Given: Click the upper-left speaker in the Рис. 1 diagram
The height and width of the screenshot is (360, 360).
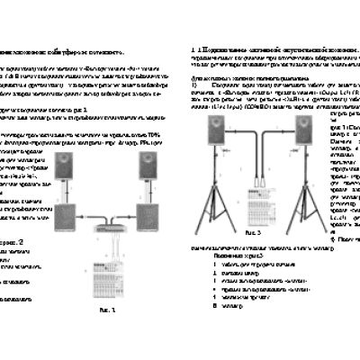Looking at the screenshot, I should pyautogui.click(x=66, y=167).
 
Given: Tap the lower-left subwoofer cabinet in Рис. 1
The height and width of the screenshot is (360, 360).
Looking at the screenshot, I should pyautogui.click(x=67, y=220).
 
